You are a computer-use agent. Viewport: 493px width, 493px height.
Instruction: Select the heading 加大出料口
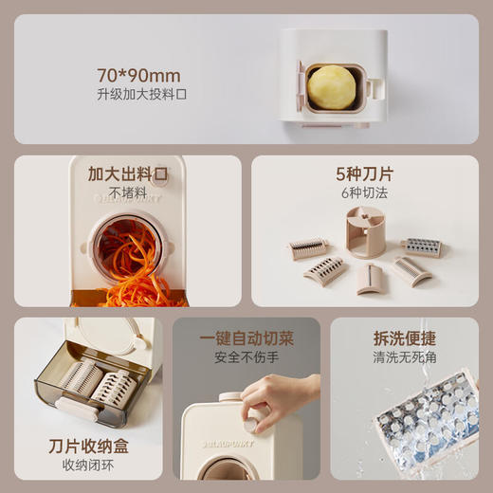point(127,174)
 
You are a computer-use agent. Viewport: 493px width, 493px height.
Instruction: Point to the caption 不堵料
point(127,193)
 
